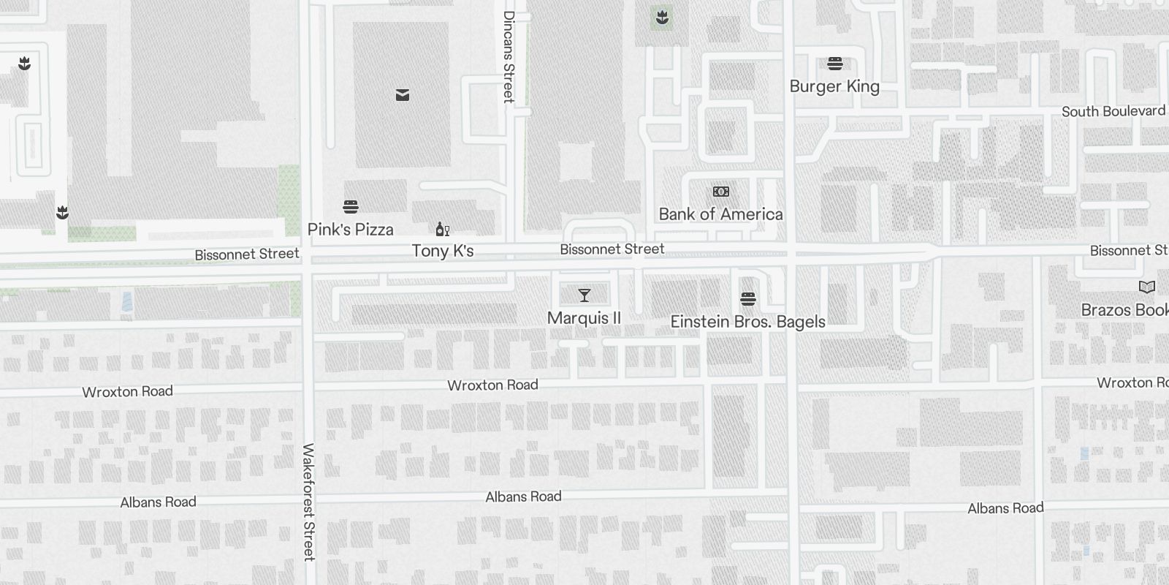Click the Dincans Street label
tap(509, 56)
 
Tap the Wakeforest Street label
tap(308, 502)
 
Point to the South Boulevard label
tap(1113, 111)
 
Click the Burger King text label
tap(834, 86)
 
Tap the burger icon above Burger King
tap(835, 64)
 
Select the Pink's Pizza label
tap(351, 230)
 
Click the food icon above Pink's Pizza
tap(351, 207)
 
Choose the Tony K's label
tap(443, 251)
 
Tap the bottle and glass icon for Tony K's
tap(442, 230)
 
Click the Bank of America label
tap(720, 214)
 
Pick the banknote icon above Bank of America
tap(721, 192)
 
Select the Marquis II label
tap(584, 318)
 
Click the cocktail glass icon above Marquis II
tap(584, 295)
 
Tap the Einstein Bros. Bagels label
tap(748, 322)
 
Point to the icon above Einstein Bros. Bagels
tap(747, 299)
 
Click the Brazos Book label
tap(1124, 310)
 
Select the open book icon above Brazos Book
tap(1147, 287)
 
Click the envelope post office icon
tap(403, 95)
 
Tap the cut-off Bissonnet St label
tap(1129, 251)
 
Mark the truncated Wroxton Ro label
tap(1132, 382)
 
